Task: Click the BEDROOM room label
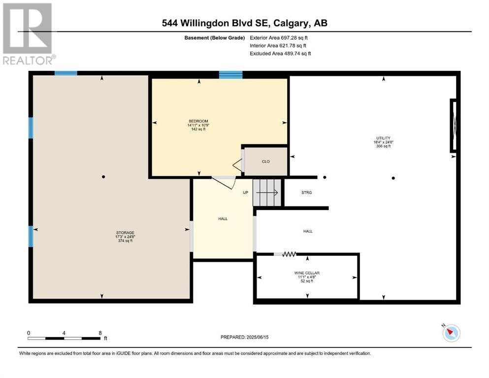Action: [198, 121]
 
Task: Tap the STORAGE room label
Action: [125, 233]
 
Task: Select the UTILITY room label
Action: [383, 138]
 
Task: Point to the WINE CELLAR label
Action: [307, 273]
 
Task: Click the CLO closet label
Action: [266, 161]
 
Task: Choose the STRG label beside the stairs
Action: [307, 192]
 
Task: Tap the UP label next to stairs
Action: [245, 192]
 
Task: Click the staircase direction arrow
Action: [267, 193]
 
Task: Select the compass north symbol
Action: [451, 333]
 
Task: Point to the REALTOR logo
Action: [28, 33]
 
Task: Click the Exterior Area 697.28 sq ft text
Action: [279, 38]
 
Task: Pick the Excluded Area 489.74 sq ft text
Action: [280, 54]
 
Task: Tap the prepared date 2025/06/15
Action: [257, 337]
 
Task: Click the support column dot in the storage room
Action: [103, 177]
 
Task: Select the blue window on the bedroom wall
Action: [231, 75]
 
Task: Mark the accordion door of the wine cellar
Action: [289, 254]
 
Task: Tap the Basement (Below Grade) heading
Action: [215, 38]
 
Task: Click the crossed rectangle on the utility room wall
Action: [454, 126]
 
